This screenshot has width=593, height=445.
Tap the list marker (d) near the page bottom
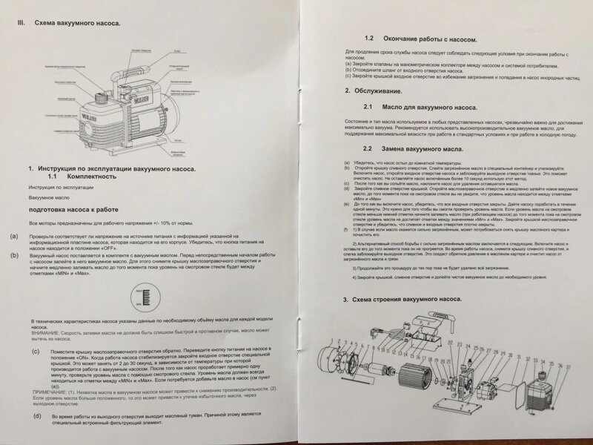(x=37, y=418)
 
